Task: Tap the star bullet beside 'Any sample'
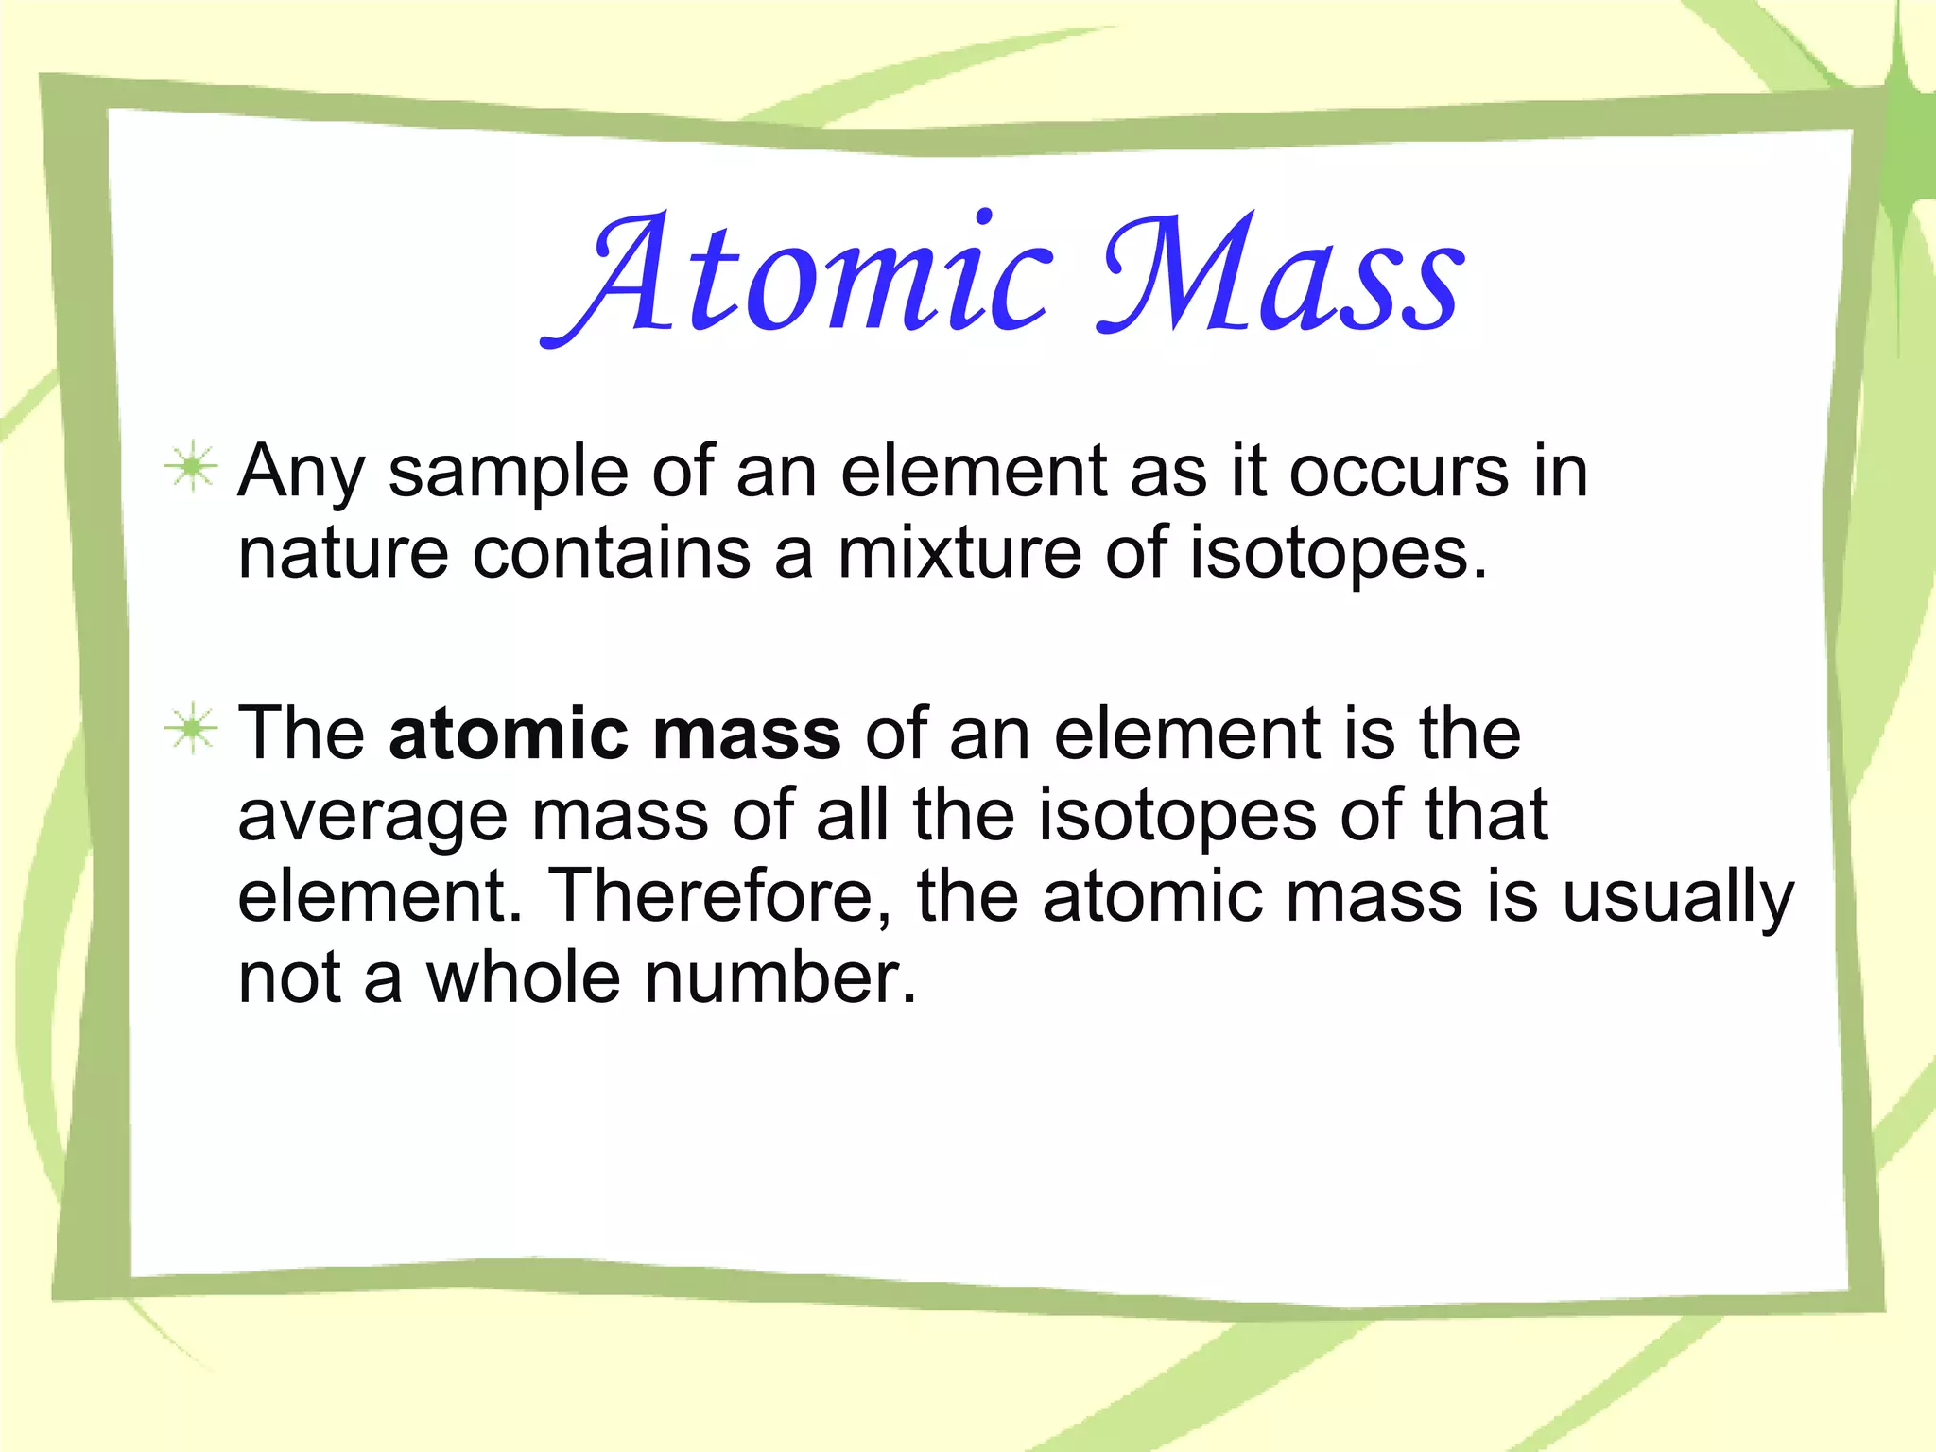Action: pyautogui.click(x=192, y=467)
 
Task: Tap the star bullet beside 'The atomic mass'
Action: pyautogui.click(x=192, y=729)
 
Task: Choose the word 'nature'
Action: pyautogui.click(x=342, y=555)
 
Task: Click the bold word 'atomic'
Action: pyautogui.click(x=509, y=735)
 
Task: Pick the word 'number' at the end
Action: pyautogui.click(x=779, y=977)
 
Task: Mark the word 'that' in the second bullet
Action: pyautogui.click(x=1486, y=815)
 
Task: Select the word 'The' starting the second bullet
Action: pyautogui.click(x=301, y=735)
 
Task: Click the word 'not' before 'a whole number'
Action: pyautogui.click(x=289, y=979)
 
